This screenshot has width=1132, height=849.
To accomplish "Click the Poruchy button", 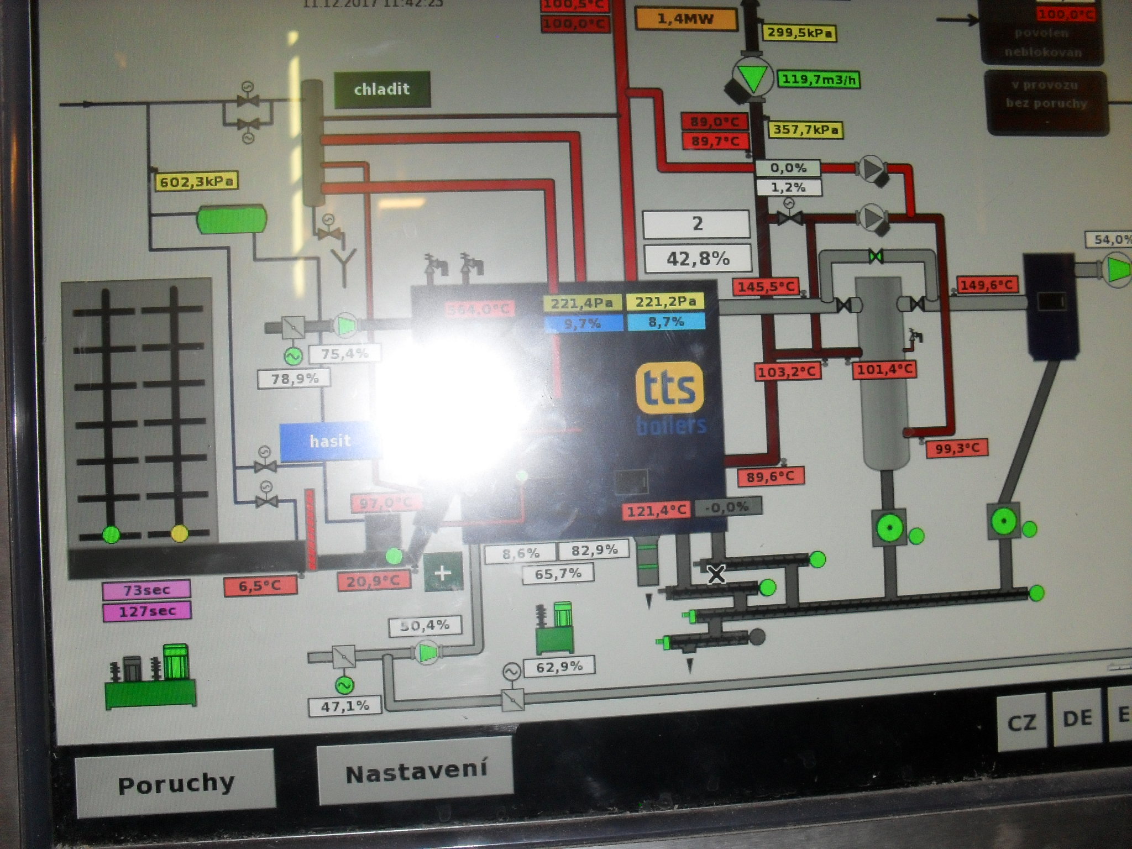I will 175,784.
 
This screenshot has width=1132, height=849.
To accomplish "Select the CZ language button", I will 1021,722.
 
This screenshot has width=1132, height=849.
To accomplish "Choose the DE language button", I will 1077,718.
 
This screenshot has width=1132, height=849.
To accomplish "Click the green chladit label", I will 382,89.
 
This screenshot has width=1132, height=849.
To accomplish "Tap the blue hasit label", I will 330,441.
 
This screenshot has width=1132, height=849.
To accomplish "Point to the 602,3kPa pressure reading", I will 196,181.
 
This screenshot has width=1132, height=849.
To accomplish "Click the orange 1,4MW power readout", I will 685,19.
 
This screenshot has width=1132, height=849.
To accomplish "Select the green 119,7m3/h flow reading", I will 819,80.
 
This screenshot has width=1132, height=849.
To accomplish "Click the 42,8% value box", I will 698,258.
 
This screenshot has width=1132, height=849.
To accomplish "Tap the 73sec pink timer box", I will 146,590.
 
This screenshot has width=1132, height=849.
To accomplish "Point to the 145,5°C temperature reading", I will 766,287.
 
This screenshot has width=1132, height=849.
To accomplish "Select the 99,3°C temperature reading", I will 957,448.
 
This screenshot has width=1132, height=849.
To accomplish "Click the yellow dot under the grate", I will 179,533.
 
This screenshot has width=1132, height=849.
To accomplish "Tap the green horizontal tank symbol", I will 232,219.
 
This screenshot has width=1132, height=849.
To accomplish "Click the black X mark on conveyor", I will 716,575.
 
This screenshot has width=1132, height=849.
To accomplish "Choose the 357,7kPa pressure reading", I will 805,130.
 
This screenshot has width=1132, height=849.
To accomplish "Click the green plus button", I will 442,573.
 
